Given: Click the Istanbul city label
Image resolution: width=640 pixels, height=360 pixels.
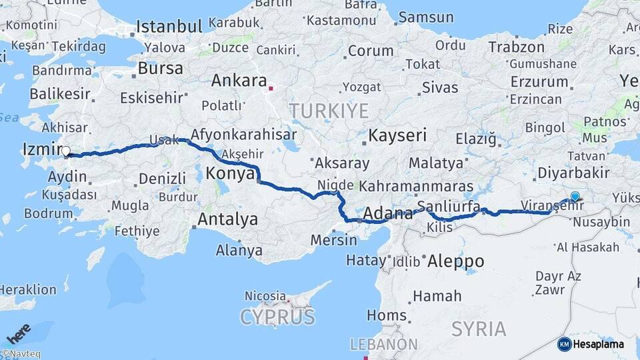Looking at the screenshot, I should click(169, 27).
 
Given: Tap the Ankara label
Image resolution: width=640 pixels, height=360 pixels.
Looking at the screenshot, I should click(239, 81).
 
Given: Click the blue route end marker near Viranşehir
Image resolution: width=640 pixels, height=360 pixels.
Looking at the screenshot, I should click(575, 197).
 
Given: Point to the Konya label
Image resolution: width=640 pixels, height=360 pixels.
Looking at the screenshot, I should click(230, 173).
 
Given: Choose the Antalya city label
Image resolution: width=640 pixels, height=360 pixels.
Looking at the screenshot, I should click(227, 219).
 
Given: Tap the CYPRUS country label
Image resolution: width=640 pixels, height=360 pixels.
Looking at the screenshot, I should click(277, 315).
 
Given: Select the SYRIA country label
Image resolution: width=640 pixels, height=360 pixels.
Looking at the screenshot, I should click(479, 328).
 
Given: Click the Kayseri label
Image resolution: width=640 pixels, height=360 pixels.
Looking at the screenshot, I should click(397, 135).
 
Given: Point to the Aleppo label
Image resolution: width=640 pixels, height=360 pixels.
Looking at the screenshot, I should click(456, 261).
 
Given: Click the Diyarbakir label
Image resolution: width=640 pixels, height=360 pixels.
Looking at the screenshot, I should click(574, 173).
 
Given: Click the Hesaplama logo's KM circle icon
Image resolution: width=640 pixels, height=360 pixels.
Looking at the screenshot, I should click(564, 344).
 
